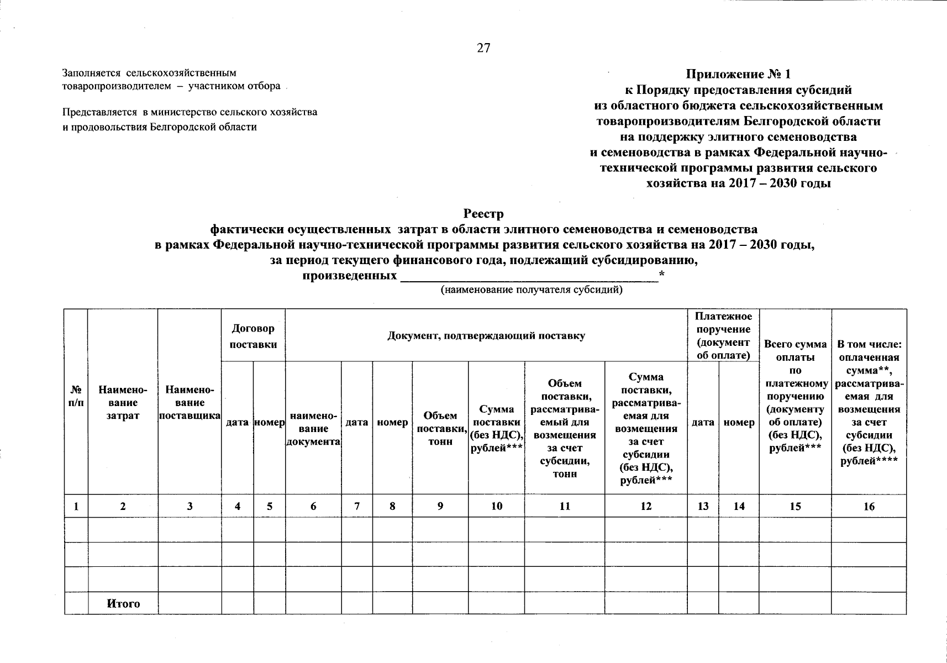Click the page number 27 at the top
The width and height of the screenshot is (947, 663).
[x=483, y=48]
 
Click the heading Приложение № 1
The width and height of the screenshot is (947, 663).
[x=738, y=74]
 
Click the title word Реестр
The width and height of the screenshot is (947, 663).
[x=483, y=213]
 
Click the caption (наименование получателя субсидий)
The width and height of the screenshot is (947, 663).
[x=531, y=290]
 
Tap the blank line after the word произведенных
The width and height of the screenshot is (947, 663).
[x=529, y=276]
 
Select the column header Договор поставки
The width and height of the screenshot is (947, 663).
[x=253, y=336]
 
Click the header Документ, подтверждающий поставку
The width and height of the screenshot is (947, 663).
[x=486, y=336]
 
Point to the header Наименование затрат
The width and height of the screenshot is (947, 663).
[x=123, y=403]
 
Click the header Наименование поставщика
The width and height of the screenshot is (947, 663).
[x=190, y=403]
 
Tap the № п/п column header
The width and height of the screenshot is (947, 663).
[x=76, y=396]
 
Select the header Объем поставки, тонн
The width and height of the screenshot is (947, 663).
[x=440, y=429]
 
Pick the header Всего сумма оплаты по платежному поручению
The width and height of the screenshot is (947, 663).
[x=795, y=396]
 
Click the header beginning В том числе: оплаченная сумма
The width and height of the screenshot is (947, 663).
[x=869, y=403]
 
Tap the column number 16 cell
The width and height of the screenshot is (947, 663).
[x=869, y=506]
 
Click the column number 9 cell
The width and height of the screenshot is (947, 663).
[x=440, y=506]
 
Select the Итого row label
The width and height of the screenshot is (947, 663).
[x=123, y=603]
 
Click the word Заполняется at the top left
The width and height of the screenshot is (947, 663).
[x=92, y=73]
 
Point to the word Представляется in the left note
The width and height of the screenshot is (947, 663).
[x=99, y=112]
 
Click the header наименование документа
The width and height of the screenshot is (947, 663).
[x=313, y=429]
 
